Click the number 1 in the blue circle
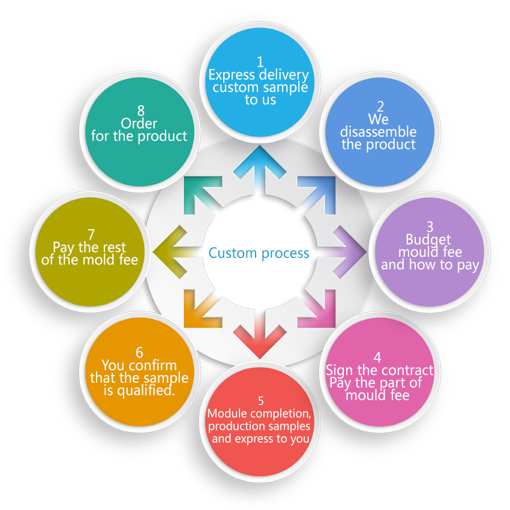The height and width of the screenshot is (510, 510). (260, 62)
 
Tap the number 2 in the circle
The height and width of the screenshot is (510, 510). (380, 107)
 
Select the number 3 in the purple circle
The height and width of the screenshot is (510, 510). (430, 226)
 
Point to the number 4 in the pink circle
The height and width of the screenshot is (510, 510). (377, 357)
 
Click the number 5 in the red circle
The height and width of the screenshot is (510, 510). (260, 401)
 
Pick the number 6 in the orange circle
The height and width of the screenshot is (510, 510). (139, 353)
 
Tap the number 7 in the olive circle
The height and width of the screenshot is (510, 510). (91, 235)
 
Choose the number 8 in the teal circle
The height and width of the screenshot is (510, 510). (141, 111)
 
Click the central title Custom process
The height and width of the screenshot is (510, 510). (259, 253)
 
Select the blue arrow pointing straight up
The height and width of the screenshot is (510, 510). (260, 169)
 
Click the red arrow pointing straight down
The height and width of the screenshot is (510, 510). (260, 335)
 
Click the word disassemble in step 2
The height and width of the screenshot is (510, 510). (378, 132)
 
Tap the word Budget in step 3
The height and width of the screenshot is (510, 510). (428, 240)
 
